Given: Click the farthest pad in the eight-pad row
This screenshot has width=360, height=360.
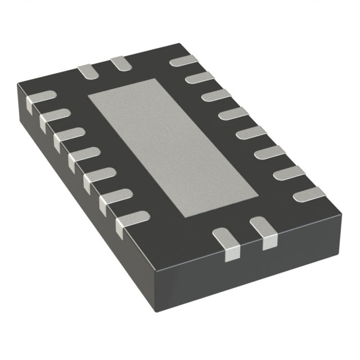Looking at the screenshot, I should coord(183,60).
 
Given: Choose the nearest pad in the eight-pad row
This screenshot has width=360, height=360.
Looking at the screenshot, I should coord(308,195).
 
